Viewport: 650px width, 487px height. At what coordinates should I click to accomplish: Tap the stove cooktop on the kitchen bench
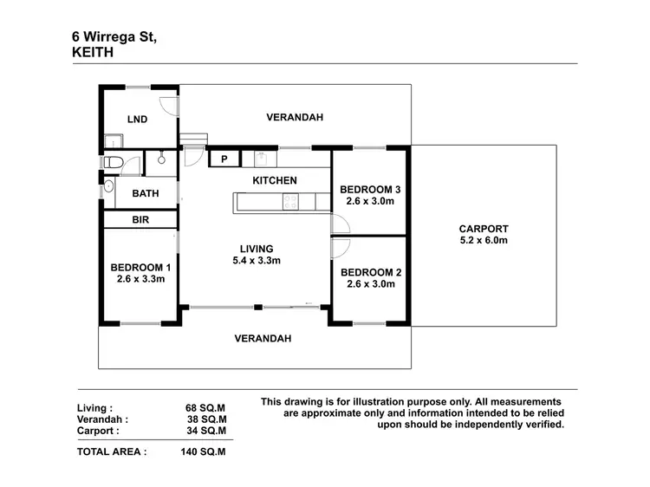pos(290,202)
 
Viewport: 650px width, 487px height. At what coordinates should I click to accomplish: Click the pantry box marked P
pos(224,159)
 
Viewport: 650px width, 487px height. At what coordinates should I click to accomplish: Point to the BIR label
pos(140,220)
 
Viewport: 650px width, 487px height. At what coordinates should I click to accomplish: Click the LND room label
pos(137,120)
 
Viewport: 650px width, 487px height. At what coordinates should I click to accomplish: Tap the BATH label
pos(145,194)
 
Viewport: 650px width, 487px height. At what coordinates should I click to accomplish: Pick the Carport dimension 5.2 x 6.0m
pos(483,240)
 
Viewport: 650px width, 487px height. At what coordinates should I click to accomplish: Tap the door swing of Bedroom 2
pos(340,247)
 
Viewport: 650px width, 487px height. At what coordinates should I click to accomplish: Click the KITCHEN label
pos(275,180)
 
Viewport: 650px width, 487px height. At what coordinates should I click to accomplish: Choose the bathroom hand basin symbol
pos(108,186)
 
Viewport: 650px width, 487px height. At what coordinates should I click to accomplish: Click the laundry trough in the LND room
pos(111,142)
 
